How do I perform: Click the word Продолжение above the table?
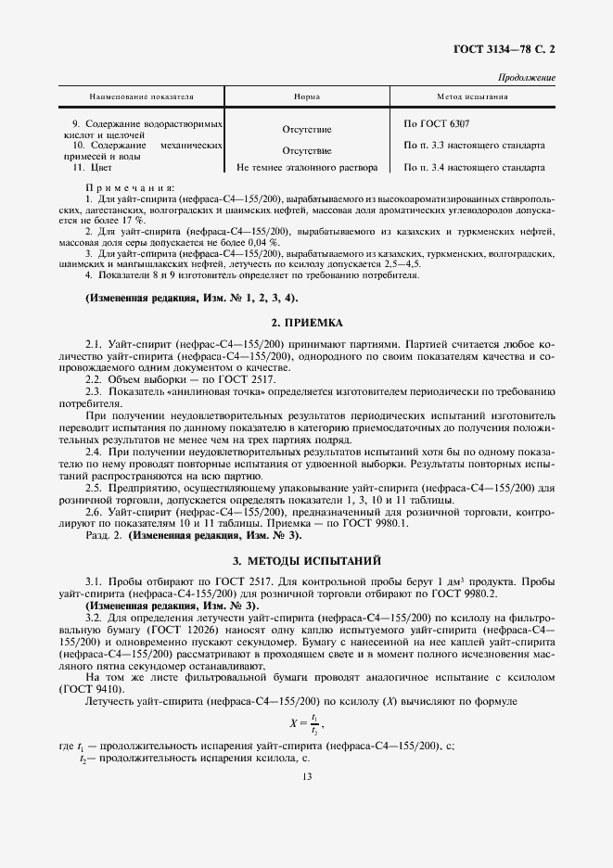[x=527, y=78]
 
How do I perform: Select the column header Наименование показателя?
[x=141, y=97]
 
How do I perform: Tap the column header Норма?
[x=307, y=97]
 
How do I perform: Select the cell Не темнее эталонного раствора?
[x=307, y=168]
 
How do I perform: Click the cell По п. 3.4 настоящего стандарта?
[x=474, y=168]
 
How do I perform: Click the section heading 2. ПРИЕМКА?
[x=306, y=323]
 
